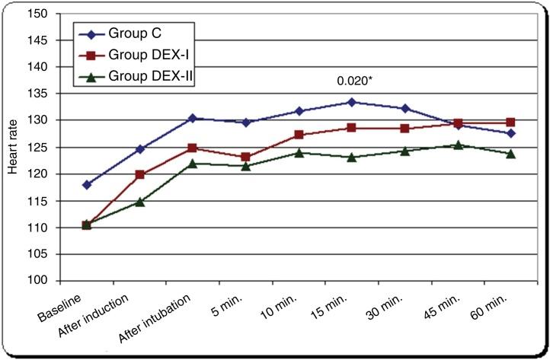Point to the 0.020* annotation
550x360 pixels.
pos(354,79)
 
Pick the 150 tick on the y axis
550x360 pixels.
pos(43,14)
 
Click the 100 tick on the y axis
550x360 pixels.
pos(43,281)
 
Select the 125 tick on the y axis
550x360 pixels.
pos(43,147)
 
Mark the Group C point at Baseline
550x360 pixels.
pos(87,184)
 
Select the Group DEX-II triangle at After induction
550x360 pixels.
pos(139,202)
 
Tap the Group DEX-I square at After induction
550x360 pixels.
pos(139,174)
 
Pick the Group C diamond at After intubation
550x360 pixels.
pos(193,118)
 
